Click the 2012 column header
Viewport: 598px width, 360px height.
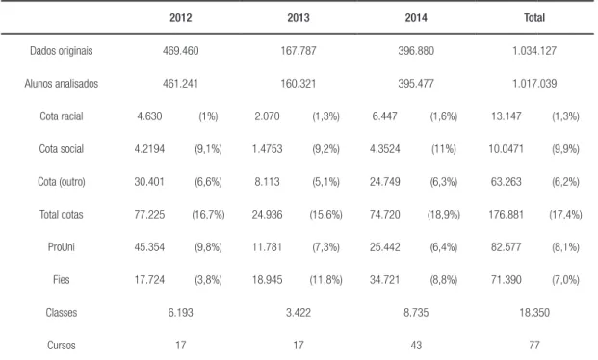(x=180, y=18)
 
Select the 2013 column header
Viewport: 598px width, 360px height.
(x=299, y=18)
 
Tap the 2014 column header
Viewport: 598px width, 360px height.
(x=416, y=18)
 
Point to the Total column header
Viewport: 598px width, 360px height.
(x=534, y=18)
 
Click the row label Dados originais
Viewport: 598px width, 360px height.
(x=62, y=51)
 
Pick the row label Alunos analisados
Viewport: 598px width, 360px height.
(x=62, y=84)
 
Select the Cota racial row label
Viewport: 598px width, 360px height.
(x=62, y=116)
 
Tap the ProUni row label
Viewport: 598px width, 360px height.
(x=62, y=247)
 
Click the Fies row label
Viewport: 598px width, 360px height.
(x=62, y=280)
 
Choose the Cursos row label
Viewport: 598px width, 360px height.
(x=62, y=346)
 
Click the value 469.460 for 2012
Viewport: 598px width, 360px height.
(x=180, y=51)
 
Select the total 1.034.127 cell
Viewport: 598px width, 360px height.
(x=534, y=51)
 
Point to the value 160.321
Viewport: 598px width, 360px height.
(x=299, y=84)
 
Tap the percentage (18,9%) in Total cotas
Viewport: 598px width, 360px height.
(x=444, y=215)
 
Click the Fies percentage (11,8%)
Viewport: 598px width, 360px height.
(x=325, y=280)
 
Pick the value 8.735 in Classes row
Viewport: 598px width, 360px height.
(x=416, y=313)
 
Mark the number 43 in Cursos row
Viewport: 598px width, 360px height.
(x=416, y=346)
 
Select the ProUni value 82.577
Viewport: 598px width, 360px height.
(x=507, y=247)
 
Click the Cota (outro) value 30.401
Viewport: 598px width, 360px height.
(x=149, y=182)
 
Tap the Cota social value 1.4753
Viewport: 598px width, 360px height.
(x=267, y=149)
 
